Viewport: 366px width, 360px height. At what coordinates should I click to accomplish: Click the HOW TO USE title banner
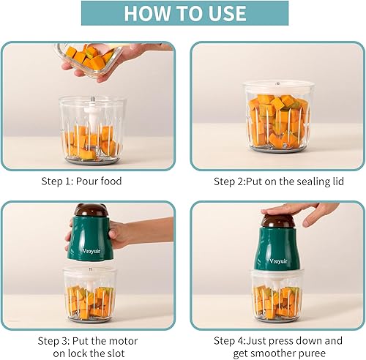coord(182,13)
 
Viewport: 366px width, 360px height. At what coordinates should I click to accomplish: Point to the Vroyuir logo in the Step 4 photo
coord(280,258)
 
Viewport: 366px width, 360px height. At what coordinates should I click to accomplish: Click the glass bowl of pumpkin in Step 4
coord(279,296)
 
